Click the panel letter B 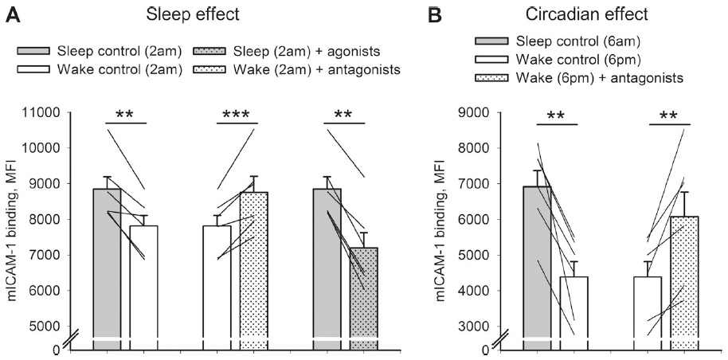(436, 14)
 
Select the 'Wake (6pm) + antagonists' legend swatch (493, 76)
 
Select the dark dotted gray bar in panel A (364, 295)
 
